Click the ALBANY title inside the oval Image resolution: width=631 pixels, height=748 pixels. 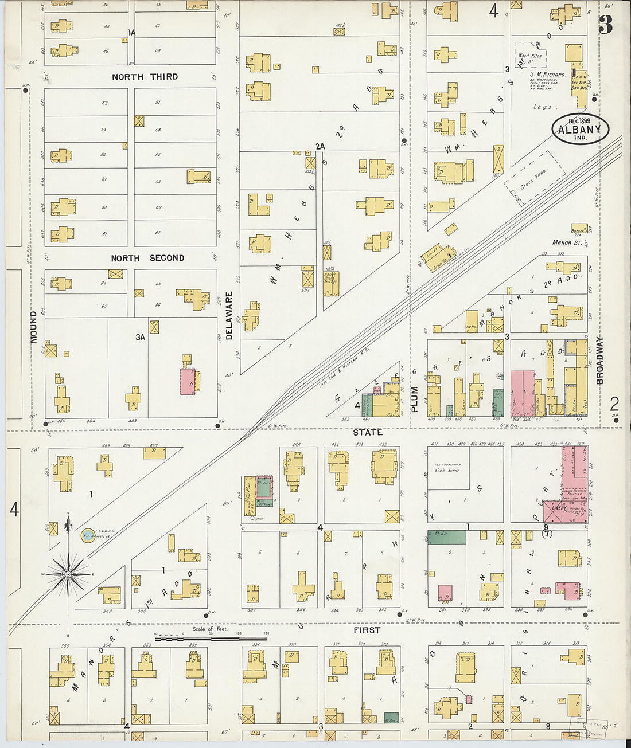pyautogui.click(x=579, y=130)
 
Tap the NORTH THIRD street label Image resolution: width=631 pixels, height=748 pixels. pyautogui.click(x=145, y=77)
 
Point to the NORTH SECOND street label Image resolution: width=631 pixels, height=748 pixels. pyautogui.click(x=147, y=259)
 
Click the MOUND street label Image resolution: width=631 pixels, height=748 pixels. pyautogui.click(x=34, y=327)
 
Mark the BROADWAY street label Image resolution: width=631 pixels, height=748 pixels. pyautogui.click(x=600, y=360)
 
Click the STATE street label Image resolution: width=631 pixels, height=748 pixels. pyautogui.click(x=368, y=432)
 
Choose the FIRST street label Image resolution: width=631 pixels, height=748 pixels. pyautogui.click(x=367, y=630)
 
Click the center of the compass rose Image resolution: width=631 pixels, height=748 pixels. pyautogui.click(x=68, y=574)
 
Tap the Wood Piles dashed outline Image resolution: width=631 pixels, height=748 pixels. pyautogui.click(x=530, y=55)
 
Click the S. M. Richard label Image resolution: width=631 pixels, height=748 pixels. pyautogui.click(x=547, y=75)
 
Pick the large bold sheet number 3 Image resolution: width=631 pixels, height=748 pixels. pyautogui.click(x=605, y=25)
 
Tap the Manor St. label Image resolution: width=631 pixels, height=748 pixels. pyautogui.click(x=567, y=243)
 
